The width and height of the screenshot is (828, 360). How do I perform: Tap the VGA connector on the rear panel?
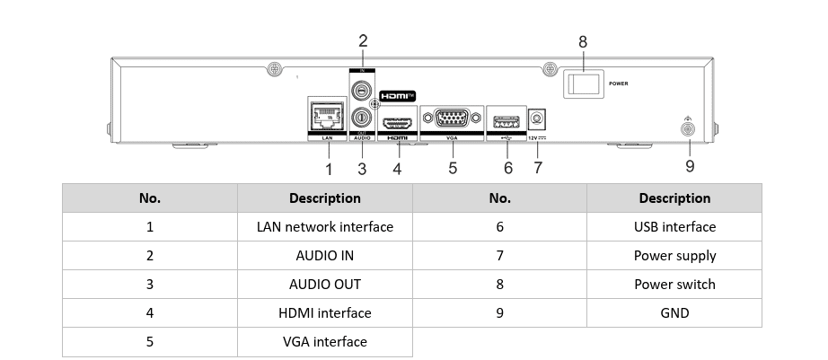tap(453, 119)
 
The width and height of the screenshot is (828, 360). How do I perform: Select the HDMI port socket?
tap(396, 122)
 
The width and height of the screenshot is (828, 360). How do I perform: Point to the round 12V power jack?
tap(539, 119)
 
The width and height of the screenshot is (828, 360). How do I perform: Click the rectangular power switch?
tap(583, 83)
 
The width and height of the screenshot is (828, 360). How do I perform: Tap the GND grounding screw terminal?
tap(689, 130)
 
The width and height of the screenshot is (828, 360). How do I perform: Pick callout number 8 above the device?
tap(583, 42)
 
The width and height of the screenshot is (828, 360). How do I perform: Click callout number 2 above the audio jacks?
tap(363, 40)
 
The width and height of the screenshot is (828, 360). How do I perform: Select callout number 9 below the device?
tap(690, 166)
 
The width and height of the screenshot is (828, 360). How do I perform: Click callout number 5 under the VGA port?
tap(453, 167)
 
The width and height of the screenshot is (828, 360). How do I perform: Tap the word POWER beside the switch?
tap(618, 83)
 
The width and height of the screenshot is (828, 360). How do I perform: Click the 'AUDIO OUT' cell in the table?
tap(324, 284)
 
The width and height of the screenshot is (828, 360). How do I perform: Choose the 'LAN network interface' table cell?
tap(324, 227)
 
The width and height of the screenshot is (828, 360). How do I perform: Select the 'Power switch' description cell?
tap(674, 284)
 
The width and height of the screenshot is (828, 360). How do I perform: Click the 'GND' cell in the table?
tap(674, 312)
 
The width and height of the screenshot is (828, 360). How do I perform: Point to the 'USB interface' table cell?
tap(674, 227)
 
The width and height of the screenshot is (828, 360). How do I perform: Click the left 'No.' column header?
tap(150, 198)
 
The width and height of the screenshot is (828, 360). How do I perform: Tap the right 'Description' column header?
tap(674, 198)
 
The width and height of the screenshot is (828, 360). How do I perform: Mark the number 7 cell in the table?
tap(499, 256)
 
